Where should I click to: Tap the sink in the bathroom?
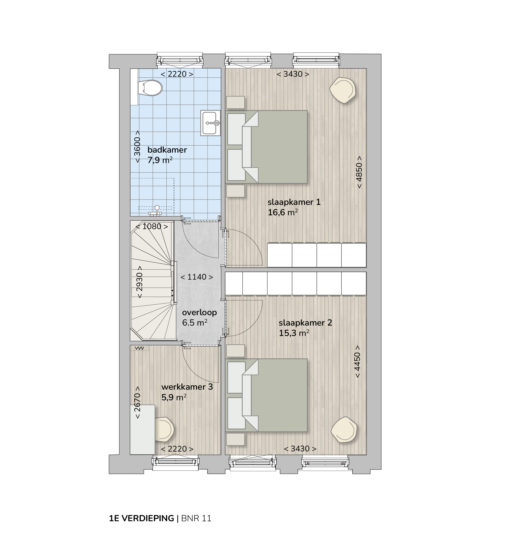(x=210, y=123)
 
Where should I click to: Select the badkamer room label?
(x=167, y=150)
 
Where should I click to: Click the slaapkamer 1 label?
(x=294, y=202)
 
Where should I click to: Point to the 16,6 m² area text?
(x=283, y=212)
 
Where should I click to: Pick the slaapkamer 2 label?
(x=305, y=323)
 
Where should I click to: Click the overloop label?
(x=200, y=312)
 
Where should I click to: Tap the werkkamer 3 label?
(x=187, y=387)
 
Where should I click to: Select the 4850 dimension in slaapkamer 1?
(x=359, y=172)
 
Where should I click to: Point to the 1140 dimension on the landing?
(x=197, y=277)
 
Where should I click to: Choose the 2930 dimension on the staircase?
(x=139, y=282)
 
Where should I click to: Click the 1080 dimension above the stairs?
(x=152, y=226)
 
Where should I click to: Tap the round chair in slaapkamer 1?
(x=343, y=90)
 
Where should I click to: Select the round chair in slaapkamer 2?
(x=344, y=430)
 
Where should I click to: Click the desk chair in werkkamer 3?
(x=164, y=429)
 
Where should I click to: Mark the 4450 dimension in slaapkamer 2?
(x=357, y=362)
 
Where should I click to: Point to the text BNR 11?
(x=196, y=518)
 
